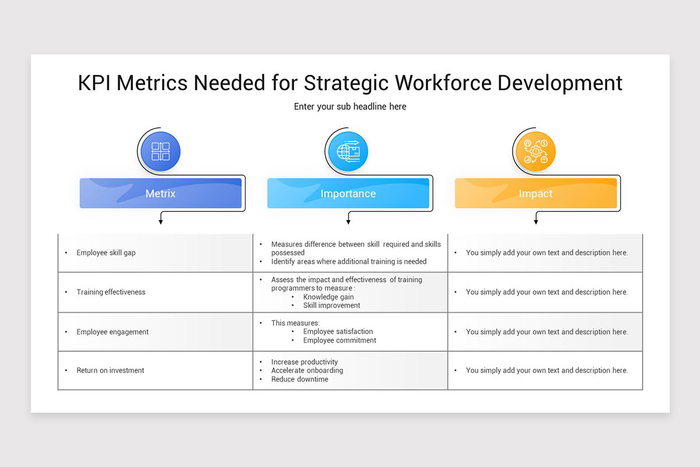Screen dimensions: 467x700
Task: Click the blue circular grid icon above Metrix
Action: (160, 152)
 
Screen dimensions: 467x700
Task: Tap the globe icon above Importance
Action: (348, 152)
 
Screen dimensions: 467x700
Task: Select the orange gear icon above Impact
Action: (535, 152)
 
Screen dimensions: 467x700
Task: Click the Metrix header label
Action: (160, 194)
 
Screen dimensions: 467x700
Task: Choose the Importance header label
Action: (348, 194)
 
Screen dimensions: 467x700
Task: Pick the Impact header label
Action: (535, 194)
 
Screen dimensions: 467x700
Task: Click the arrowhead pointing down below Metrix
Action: (160, 222)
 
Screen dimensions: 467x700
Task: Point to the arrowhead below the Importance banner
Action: (348, 222)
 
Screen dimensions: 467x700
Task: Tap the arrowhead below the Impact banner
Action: (535, 222)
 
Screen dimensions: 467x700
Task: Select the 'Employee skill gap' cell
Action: (106, 253)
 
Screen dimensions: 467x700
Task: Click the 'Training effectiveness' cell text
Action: (111, 292)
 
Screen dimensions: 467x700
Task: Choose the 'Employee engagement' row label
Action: (113, 332)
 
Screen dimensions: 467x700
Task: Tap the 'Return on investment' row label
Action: (110, 370)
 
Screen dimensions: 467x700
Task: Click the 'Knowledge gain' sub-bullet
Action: (328, 297)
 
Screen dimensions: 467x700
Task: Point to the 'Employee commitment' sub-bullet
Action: (339, 340)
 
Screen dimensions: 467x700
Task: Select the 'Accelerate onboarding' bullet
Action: (307, 370)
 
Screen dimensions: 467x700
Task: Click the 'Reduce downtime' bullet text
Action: (300, 379)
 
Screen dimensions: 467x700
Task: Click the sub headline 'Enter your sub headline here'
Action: (350, 106)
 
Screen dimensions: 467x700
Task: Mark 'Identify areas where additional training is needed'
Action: (349, 262)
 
